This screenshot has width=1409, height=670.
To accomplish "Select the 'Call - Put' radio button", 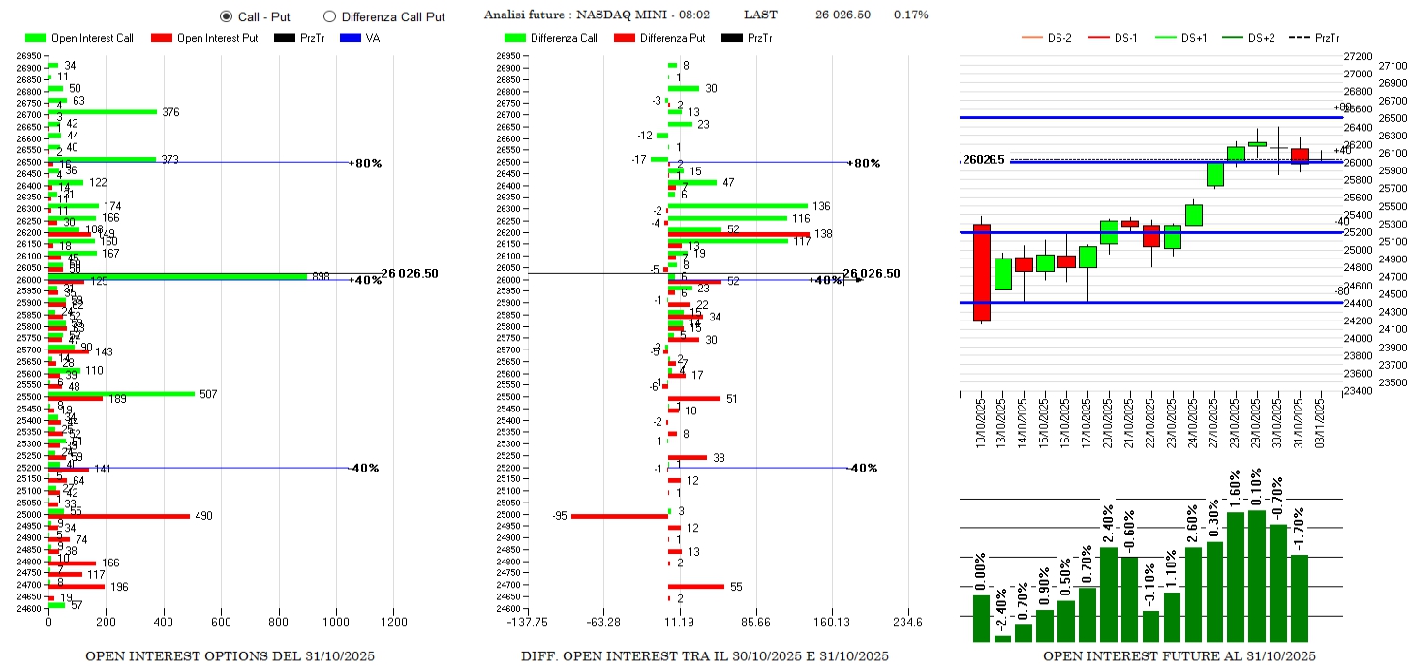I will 226,16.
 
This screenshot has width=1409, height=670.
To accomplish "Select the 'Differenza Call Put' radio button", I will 329,16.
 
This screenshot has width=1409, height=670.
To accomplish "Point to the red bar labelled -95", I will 619,516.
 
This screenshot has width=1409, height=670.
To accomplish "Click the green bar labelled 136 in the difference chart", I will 737,206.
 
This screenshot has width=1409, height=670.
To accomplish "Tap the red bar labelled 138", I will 738,234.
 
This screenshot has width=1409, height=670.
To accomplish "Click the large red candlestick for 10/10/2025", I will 982,272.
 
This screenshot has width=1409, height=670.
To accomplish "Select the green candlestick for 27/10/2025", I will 1214,174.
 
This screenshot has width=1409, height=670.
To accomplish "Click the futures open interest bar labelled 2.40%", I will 1109,594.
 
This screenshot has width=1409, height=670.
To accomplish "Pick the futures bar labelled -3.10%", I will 1151,625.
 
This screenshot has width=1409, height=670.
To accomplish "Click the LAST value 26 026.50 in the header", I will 842,15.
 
